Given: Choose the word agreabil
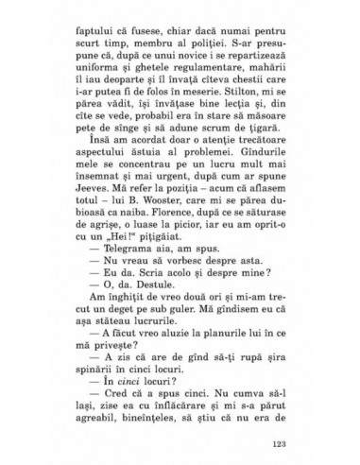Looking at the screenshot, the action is pos(101,418).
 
